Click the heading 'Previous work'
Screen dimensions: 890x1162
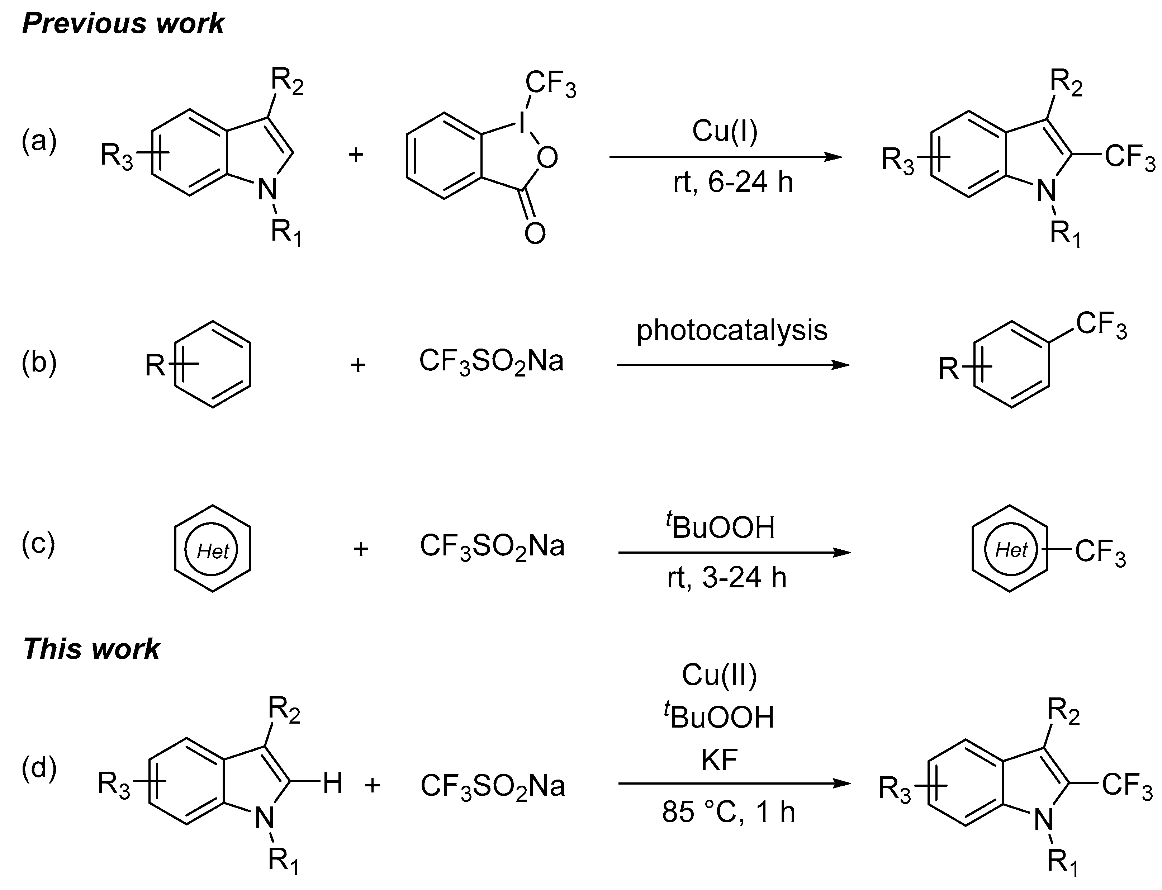(x=123, y=24)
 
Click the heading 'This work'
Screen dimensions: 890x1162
(x=91, y=649)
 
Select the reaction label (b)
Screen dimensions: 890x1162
(x=39, y=363)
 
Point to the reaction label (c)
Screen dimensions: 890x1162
(x=38, y=545)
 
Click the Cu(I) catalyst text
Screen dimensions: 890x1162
(x=725, y=131)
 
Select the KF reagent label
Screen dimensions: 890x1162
(x=719, y=760)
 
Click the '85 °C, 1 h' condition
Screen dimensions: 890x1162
(x=728, y=811)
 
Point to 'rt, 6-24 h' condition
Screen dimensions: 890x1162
(x=733, y=182)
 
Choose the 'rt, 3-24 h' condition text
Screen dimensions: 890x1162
(x=727, y=577)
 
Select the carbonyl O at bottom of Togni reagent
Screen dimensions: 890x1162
(x=535, y=233)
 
